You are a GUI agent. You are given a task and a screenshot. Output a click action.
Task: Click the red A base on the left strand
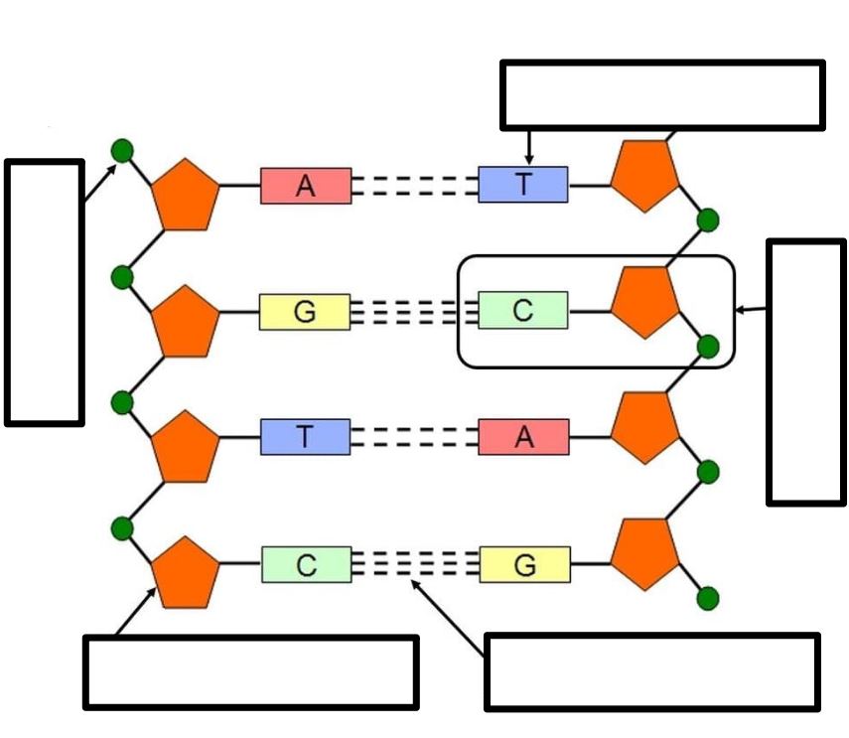[306, 186]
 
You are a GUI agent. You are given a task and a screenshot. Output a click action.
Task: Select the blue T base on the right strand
[523, 185]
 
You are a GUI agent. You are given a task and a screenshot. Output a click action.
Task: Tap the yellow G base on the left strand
[305, 312]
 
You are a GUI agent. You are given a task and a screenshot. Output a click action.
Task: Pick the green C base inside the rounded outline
[523, 310]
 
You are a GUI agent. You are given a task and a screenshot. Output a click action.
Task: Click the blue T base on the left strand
[306, 437]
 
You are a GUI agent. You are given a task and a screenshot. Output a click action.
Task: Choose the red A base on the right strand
[523, 437]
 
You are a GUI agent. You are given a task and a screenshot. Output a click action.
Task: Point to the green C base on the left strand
[307, 565]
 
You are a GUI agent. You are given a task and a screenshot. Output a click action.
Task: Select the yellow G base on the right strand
[524, 565]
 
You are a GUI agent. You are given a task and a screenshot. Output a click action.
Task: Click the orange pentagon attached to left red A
[185, 195]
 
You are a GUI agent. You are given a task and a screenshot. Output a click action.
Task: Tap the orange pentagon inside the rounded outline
[644, 302]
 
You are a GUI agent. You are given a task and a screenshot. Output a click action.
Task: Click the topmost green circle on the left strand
[122, 151]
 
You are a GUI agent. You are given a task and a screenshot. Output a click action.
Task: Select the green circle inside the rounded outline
[708, 347]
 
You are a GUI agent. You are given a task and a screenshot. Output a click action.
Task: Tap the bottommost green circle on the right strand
[708, 598]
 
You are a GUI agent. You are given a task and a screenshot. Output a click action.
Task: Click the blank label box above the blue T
[662, 95]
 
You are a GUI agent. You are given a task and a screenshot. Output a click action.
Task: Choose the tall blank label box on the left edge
[45, 292]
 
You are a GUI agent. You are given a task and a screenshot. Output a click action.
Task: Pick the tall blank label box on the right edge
[806, 372]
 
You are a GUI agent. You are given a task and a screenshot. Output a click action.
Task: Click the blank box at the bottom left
[250, 672]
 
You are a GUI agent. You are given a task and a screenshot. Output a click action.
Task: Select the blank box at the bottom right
[652, 671]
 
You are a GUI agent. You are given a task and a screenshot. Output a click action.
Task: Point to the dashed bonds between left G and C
[414, 312]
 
